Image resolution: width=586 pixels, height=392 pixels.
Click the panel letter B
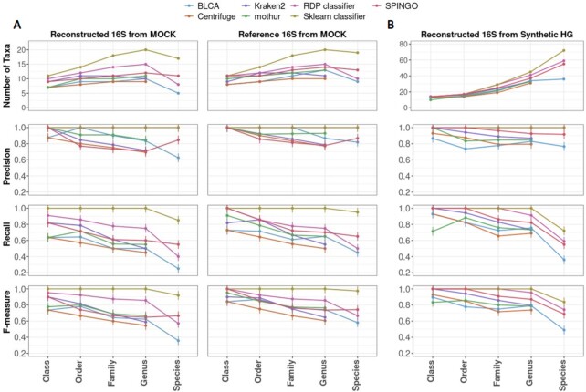[x=391, y=23]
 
